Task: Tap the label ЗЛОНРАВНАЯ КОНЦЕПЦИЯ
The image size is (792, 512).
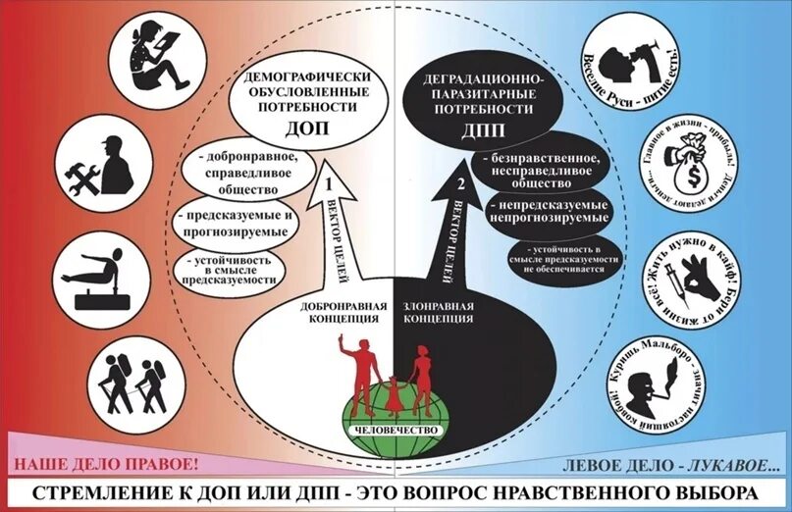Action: [x=439, y=312]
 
